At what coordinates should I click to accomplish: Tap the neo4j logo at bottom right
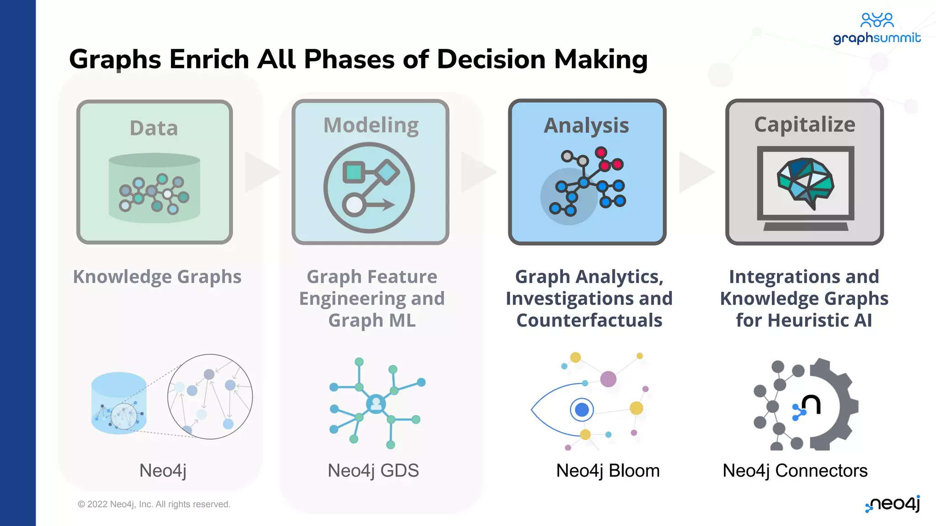click(893, 504)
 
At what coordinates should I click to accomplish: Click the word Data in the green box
click(154, 128)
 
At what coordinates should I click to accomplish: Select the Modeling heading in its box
click(371, 125)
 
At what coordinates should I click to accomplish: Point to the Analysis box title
click(586, 126)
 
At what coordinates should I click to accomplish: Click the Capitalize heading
click(804, 125)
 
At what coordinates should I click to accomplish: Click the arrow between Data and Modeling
click(261, 172)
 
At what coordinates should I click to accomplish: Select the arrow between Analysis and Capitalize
click(695, 172)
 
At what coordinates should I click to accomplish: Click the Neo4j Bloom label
click(607, 471)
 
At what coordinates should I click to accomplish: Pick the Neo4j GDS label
click(373, 471)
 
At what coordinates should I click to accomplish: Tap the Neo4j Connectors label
click(795, 471)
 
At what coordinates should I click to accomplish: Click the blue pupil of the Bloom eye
click(581, 410)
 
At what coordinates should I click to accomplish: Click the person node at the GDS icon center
click(376, 404)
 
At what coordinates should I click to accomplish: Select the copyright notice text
click(154, 504)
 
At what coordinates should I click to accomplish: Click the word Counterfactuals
click(589, 321)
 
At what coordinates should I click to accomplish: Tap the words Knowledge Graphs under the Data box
click(157, 277)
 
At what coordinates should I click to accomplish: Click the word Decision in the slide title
click(491, 59)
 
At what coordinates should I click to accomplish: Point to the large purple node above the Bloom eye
click(608, 379)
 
